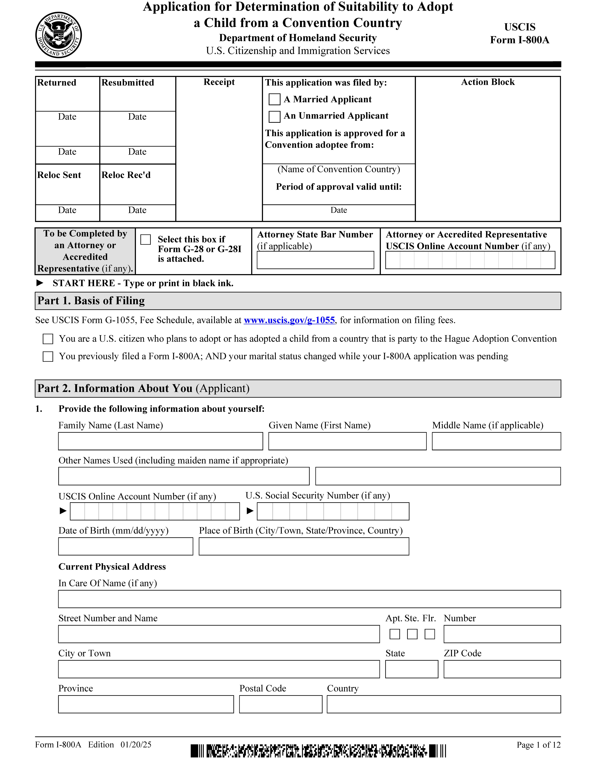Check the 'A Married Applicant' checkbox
point(274,99)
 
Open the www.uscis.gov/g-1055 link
point(289,320)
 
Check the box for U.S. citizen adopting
point(48,339)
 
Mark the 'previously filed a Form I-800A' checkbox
point(48,357)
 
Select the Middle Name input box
point(496,441)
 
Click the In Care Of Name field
point(309,599)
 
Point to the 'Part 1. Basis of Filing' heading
point(91,301)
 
